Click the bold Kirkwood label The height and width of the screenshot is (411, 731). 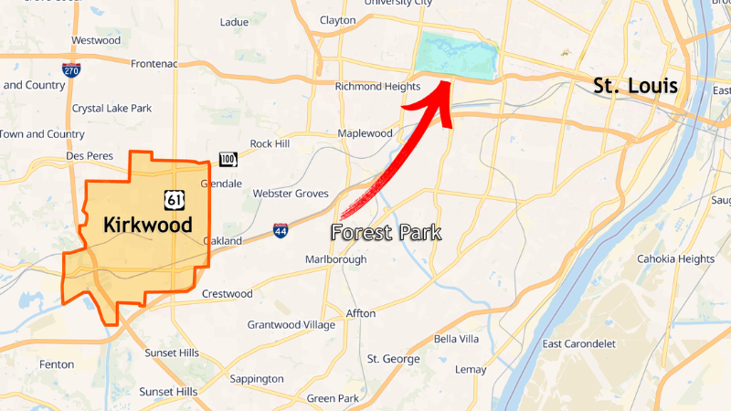coord(147,225)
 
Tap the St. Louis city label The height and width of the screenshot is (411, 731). coord(635,87)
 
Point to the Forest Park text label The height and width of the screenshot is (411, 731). coord(386,233)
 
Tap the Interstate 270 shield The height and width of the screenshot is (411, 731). coord(71,69)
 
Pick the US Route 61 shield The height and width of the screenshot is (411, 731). coord(175,199)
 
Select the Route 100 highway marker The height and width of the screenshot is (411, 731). coord(228,160)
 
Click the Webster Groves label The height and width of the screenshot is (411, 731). coord(289,194)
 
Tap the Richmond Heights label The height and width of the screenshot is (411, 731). coord(377,87)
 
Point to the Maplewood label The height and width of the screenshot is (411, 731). coord(365,133)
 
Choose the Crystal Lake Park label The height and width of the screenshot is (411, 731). coord(111,109)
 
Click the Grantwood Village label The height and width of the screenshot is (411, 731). coord(291,325)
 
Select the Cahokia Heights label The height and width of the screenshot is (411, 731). coord(675,258)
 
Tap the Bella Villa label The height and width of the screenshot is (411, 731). coord(456,339)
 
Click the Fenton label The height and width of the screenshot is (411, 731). coord(57,364)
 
